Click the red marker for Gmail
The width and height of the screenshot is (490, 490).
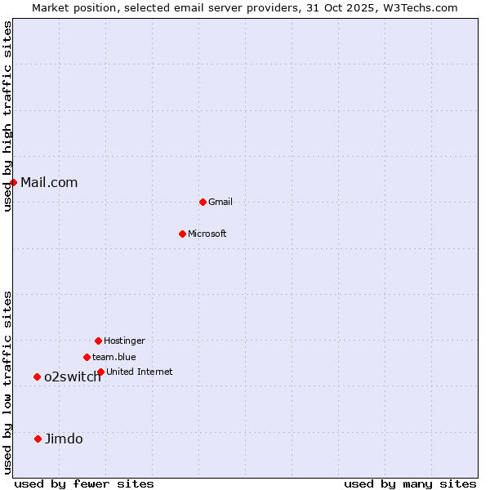point(203,202)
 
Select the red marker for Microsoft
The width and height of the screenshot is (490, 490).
point(182,234)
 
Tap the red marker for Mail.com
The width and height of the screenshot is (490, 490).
point(14,182)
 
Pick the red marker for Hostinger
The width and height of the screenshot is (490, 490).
point(98,341)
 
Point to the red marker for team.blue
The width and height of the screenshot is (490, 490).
point(87,357)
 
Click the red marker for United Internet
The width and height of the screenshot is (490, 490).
point(100,372)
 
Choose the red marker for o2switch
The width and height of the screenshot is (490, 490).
point(37,376)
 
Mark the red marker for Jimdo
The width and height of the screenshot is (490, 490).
point(38,439)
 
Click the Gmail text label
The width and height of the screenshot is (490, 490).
point(220,202)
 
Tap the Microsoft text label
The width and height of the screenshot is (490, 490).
point(207,234)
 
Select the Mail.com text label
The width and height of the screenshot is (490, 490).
point(49,182)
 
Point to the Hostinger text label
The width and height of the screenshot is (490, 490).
point(124,341)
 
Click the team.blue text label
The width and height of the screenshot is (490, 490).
point(114,357)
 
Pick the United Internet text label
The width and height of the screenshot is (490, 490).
point(140,372)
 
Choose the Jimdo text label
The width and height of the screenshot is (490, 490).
point(64,439)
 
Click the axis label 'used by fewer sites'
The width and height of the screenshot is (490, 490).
point(84,483)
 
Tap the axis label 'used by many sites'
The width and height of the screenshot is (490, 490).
point(410,483)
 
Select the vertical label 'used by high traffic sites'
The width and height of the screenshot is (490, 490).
point(8,116)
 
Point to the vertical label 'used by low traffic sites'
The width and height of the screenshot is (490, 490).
point(8,382)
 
